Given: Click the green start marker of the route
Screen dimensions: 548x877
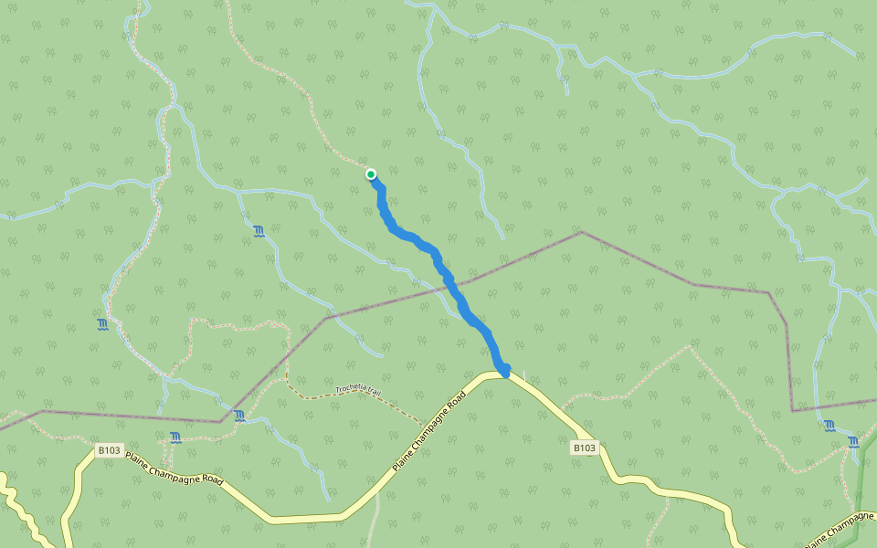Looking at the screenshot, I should tap(371, 174).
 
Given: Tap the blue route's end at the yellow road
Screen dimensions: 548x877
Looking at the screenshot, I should tap(504, 371).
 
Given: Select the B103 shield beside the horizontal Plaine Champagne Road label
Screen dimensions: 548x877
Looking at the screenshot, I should tap(109, 450).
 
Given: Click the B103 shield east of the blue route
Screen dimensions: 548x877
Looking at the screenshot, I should tap(585, 448).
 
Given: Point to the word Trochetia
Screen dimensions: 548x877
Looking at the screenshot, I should tap(350, 388).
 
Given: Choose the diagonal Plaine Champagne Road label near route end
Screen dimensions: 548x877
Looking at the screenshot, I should tap(429, 431).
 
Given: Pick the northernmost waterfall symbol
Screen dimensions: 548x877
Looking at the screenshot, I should tap(259, 230).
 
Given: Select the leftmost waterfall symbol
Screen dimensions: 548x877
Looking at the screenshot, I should tap(102, 324).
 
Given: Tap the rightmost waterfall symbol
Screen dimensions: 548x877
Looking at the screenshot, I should tap(853, 442).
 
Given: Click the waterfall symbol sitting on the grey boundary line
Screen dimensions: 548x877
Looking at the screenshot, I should tap(238, 416).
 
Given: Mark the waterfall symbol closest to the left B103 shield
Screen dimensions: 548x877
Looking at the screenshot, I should tap(174, 437).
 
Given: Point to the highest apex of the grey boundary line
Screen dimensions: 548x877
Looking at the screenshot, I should tap(581, 232).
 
